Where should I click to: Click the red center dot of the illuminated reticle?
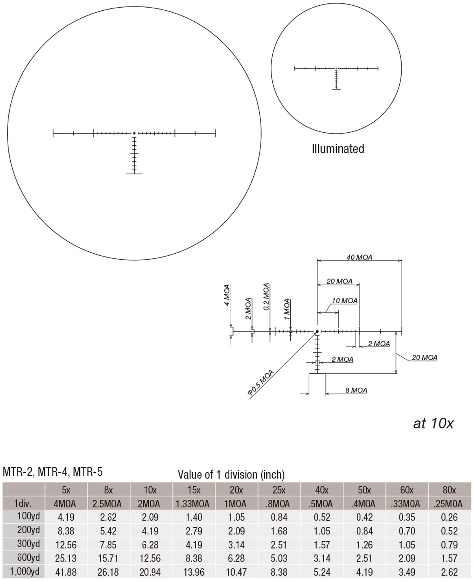pyautogui.click(x=336, y=68)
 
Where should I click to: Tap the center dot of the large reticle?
pyautogui.click(x=134, y=134)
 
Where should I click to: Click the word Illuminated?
pyautogui.click(x=338, y=149)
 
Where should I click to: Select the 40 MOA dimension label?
pyautogui.click(x=359, y=257)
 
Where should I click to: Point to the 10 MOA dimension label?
pyautogui.click(x=344, y=301)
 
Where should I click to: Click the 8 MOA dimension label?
pyautogui.click(x=356, y=390)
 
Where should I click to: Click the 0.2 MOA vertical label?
pyautogui.click(x=266, y=297)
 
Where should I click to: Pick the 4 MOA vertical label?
pyautogui.click(x=227, y=295)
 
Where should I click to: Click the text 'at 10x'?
pyautogui.click(x=433, y=423)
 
